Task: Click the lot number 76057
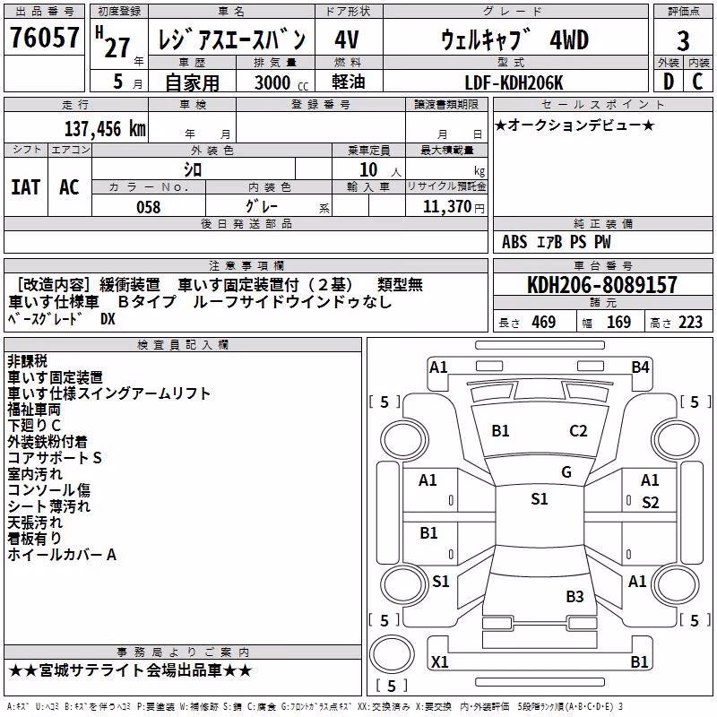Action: [x=44, y=38]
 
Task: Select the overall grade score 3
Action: [x=683, y=40]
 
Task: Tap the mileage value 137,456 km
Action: [x=105, y=129]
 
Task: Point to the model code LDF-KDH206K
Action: [x=514, y=82]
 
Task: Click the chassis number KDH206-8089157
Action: [x=602, y=284]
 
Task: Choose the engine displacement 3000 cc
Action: [x=281, y=82]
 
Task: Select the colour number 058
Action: [x=149, y=207]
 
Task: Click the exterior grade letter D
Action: [x=669, y=82]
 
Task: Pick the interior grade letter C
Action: [x=697, y=82]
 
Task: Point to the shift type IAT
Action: [x=26, y=187]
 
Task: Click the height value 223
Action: [x=690, y=323]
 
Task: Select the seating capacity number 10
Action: [x=368, y=170]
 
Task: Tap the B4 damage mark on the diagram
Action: [x=640, y=367]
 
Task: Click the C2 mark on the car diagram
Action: [x=578, y=431]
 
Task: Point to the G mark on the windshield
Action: [x=566, y=472]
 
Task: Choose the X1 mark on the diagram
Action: [x=440, y=661]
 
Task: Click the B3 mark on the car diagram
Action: [x=574, y=596]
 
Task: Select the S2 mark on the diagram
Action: [x=651, y=503]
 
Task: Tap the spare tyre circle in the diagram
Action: [x=392, y=654]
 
